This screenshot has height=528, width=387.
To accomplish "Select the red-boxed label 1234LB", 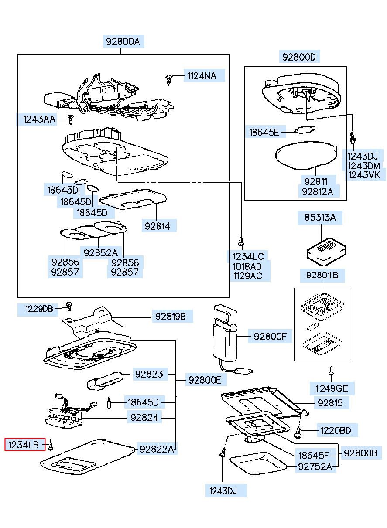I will (x=25, y=445).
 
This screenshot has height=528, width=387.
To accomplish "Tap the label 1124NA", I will (x=202, y=76).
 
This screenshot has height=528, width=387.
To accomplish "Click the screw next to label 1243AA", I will (x=71, y=118).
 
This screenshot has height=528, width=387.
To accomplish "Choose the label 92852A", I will (x=101, y=252).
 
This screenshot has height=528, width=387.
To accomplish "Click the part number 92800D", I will (x=298, y=56).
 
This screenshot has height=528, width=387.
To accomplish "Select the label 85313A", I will (x=320, y=217).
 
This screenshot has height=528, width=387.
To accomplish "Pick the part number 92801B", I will (x=322, y=275).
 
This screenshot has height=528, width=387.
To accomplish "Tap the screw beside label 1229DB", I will (x=68, y=306).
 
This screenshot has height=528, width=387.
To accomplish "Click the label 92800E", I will (x=205, y=380).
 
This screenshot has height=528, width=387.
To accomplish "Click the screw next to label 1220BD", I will (x=298, y=432).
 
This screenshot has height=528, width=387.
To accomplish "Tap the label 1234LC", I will (x=248, y=256).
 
